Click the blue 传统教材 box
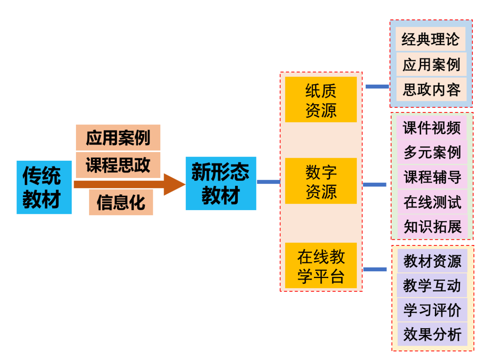(44, 187)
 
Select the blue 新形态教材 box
(221, 184)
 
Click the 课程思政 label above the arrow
(118, 165)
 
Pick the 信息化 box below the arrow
(121, 202)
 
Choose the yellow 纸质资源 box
(321, 100)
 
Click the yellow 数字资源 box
(321, 181)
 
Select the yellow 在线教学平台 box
(321, 266)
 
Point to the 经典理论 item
(430, 39)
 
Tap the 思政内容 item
(431, 90)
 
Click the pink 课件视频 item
(432, 128)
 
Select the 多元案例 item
(432, 152)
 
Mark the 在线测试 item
(432, 202)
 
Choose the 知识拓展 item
(432, 227)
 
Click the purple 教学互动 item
(432, 285)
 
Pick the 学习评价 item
(432, 310)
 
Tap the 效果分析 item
(432, 334)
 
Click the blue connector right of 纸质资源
(377, 87)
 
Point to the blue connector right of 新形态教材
(268, 182)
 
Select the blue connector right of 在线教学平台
(375, 269)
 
